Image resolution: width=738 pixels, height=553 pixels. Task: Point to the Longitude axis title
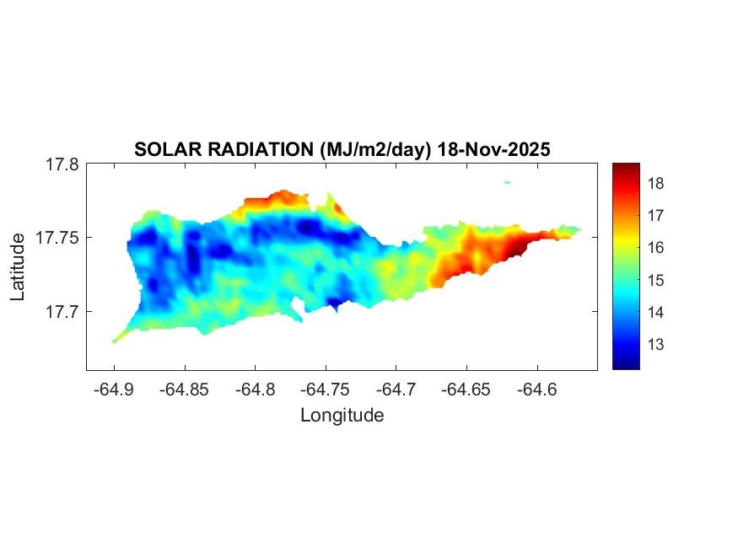(x=342, y=416)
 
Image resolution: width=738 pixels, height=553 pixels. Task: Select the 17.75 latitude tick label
(x=57, y=238)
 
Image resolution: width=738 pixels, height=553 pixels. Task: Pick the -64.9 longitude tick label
(x=115, y=389)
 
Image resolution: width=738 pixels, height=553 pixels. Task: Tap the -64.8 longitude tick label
(x=256, y=389)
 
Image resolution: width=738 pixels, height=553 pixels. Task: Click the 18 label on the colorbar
(x=657, y=184)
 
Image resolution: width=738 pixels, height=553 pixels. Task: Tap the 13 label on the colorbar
(x=657, y=345)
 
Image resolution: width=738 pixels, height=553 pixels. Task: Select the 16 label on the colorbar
(x=657, y=248)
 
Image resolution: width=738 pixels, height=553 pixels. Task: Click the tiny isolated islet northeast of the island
(x=508, y=182)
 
